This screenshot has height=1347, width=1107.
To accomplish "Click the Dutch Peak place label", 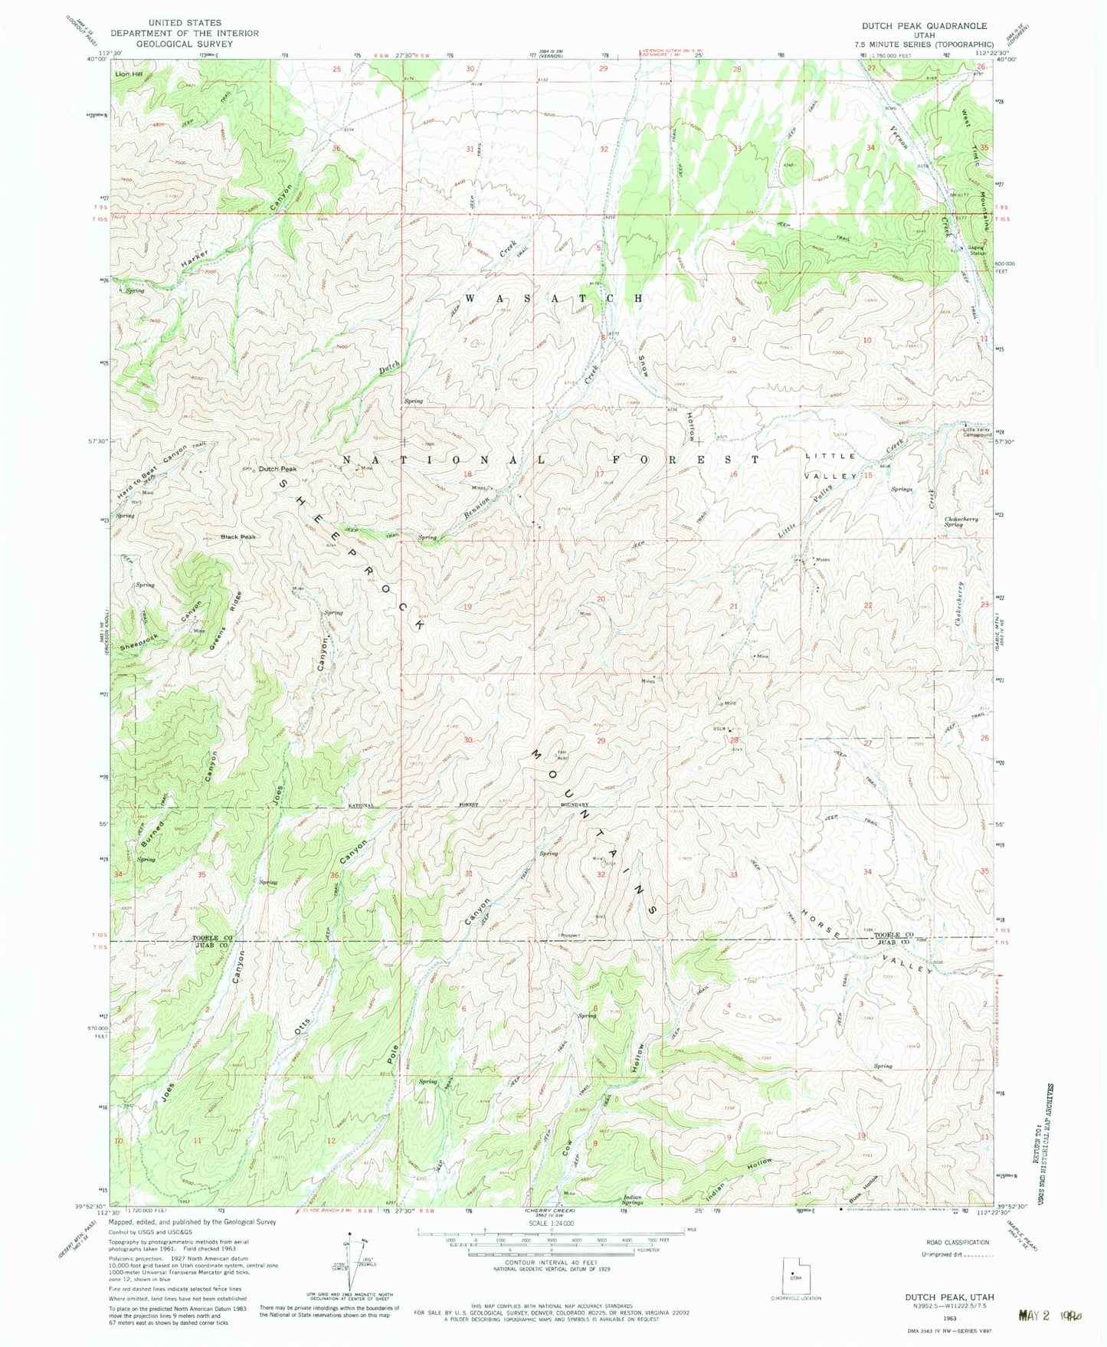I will point(277,469).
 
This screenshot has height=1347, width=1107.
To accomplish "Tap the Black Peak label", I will point(238,536).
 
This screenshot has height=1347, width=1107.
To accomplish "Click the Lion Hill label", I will point(129,74).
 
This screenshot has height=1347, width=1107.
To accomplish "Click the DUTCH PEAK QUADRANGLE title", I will point(924,26).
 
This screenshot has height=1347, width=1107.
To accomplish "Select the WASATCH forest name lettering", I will point(553,298).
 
